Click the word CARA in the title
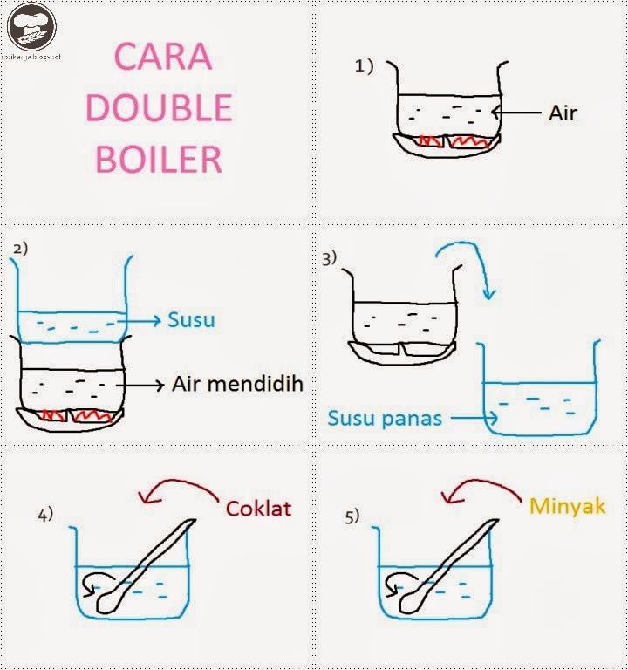[x=162, y=57]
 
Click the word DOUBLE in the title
[x=160, y=107]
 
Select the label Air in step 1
[x=563, y=113]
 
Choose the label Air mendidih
[x=237, y=384]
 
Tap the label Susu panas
[x=385, y=418]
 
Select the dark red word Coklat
[x=257, y=508]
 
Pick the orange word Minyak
[x=567, y=505]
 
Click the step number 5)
[x=352, y=516]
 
